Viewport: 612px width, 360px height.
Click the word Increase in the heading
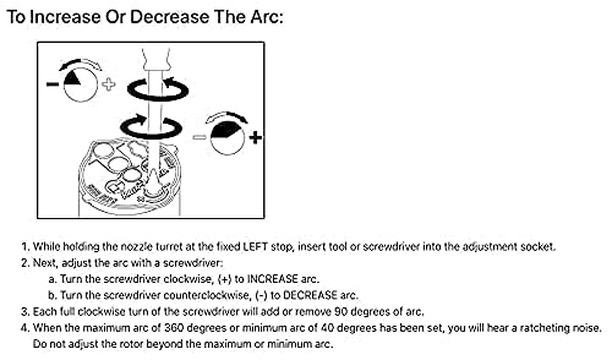[x=65, y=17]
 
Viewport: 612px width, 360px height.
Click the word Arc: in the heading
[x=267, y=17]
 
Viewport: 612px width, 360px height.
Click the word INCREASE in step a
[x=272, y=279]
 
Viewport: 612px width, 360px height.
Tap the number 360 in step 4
[x=174, y=328]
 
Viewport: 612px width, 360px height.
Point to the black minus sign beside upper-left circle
[x=52, y=84]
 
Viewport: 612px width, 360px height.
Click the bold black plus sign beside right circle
[x=256, y=137]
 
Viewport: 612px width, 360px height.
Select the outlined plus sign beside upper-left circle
[x=109, y=84]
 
